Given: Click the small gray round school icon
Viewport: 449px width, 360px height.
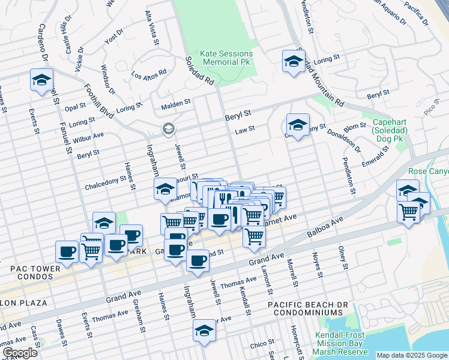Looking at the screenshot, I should tap(169, 129).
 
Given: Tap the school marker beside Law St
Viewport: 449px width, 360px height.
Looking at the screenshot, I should tap(297, 125).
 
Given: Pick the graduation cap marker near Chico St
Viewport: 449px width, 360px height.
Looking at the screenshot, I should tap(204, 331).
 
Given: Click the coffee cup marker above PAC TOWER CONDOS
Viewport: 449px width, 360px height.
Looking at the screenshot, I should tap(67, 251).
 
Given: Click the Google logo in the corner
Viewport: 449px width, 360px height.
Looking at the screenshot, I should tap(20, 353).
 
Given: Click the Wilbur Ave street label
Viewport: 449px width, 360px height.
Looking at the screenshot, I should tap(88, 139).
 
